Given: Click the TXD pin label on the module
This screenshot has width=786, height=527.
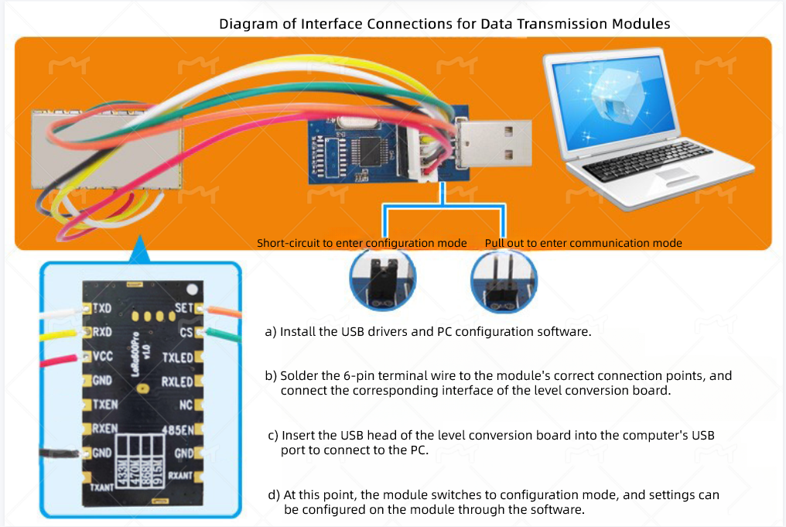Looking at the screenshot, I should pos(103,308).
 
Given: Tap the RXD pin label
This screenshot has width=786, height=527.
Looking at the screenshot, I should pos(103,332).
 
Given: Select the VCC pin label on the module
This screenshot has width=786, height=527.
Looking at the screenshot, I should pos(103,356).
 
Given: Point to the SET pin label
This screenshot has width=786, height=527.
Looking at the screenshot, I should pos(183,307).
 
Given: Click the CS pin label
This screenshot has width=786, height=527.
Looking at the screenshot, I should pos(186,332).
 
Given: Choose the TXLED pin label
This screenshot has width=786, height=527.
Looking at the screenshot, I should pos(177,357).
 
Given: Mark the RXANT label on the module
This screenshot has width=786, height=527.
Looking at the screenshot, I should pos(180,475).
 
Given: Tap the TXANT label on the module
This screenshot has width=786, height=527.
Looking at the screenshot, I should pos(102,488).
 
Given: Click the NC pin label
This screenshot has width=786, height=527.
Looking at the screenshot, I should pos(186,404).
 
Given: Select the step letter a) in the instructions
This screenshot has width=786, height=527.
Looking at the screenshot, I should pos(271,332).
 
